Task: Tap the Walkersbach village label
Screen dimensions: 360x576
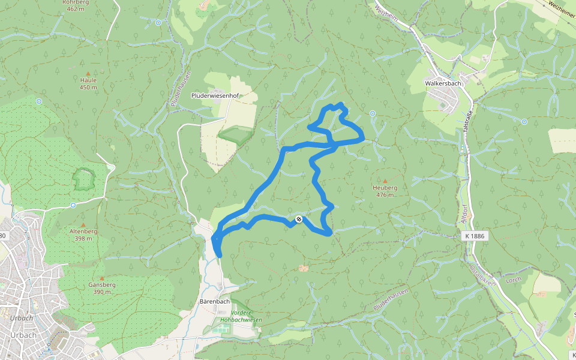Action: pos(442,83)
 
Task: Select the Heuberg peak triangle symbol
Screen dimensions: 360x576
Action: pos(385,181)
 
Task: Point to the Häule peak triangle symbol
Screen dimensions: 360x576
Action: pos(88,74)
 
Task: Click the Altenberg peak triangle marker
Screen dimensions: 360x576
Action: pos(83,224)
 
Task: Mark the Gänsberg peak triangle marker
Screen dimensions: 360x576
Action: pos(101,278)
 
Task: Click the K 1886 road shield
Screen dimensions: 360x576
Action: pos(474,236)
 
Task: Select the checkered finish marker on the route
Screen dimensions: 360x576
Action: pos(298,220)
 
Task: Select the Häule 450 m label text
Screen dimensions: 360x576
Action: pos(88,83)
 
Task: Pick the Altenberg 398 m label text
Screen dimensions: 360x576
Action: pos(83,235)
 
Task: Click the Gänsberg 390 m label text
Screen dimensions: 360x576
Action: pos(101,288)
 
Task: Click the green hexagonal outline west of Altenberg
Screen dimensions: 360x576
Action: pos(84,179)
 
